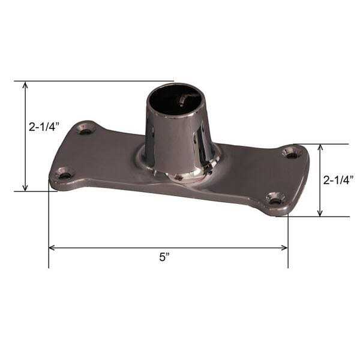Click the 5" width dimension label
click(x=164, y=257)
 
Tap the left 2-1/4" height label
click(x=43, y=127)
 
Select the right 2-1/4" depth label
click(x=338, y=180)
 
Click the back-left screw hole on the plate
click(x=86, y=129)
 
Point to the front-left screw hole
click(x=64, y=175)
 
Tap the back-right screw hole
click(x=292, y=154)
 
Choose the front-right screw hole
click(x=275, y=198)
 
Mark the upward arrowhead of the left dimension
click(x=25, y=85)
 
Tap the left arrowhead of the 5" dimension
click(x=52, y=247)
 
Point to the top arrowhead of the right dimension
click(x=320, y=148)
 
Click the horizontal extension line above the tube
click(x=96, y=80)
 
